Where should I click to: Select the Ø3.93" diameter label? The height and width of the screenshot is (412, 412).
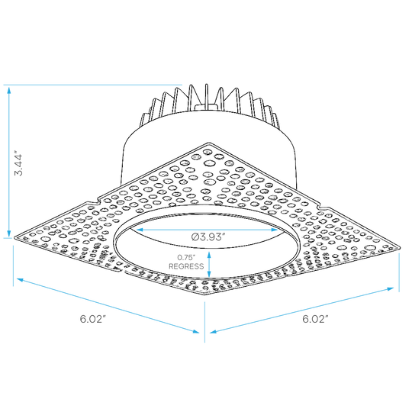[208, 237]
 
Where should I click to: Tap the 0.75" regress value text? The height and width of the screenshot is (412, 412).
[186, 258]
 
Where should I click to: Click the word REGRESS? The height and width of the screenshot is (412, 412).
[186, 266]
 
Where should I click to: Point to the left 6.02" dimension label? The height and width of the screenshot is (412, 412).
[93, 319]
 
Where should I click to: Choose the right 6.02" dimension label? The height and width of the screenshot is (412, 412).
[315, 319]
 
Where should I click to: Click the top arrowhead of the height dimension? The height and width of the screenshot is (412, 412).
[9, 90]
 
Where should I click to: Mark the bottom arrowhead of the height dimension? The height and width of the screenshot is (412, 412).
[9, 233]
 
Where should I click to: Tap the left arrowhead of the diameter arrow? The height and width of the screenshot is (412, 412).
[140, 230]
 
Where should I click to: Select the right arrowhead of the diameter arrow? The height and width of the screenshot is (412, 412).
[274, 230]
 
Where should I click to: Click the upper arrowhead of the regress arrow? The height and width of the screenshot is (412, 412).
[209, 255]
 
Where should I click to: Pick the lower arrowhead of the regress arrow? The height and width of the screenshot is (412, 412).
[209, 273]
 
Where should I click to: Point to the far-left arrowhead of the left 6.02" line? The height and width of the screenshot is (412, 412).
[21, 280]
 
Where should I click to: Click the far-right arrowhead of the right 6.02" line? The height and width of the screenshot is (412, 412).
[390, 289]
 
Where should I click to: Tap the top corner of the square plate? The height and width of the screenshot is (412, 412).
[209, 143]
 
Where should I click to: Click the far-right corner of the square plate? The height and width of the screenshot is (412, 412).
[400, 248]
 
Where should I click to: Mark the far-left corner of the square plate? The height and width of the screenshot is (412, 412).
[14, 237]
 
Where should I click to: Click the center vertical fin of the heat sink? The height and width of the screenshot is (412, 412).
[207, 97]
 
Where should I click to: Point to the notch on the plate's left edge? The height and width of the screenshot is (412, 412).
[94, 203]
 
